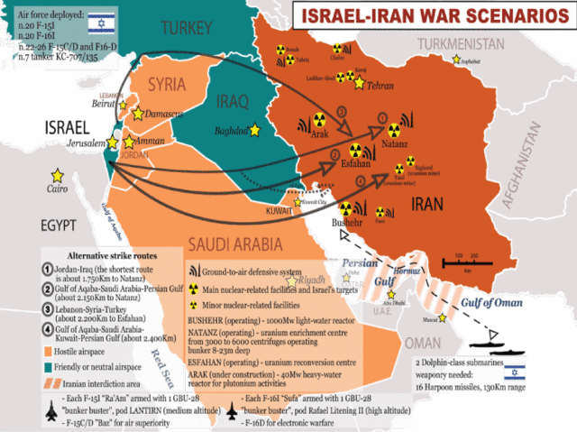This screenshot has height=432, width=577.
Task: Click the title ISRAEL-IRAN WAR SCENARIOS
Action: pyautogui.click(x=427, y=17)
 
